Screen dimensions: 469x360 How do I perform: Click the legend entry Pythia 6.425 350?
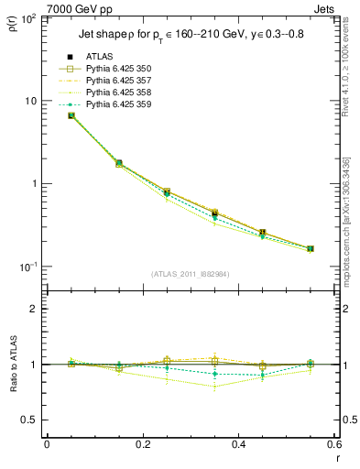click(x=111, y=69)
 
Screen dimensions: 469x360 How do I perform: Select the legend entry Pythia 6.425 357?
click(x=111, y=81)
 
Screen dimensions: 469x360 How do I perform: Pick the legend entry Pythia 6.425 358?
click(x=111, y=93)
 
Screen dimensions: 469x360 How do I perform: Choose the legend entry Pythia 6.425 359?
click(x=111, y=104)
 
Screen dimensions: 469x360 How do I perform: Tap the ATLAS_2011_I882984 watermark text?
click(x=191, y=273)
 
